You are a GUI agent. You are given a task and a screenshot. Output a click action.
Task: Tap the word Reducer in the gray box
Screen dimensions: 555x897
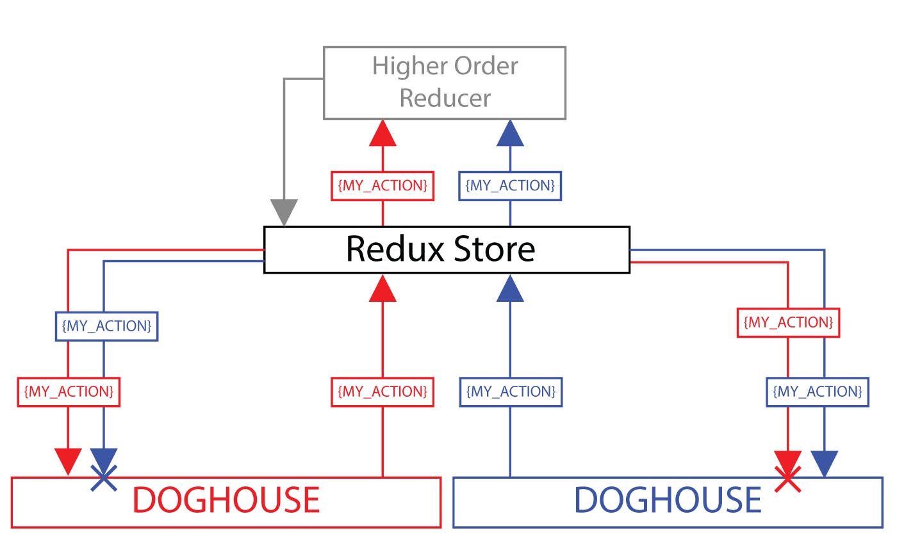[x=445, y=98]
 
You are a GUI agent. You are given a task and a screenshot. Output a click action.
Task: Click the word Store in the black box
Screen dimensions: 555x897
[x=494, y=249]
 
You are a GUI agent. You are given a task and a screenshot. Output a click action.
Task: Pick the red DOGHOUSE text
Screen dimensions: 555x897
[x=226, y=500]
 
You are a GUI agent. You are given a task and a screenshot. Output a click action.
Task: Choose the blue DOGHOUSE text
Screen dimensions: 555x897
[x=668, y=500]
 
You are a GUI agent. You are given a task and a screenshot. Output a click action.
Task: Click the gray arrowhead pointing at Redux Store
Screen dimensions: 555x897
[x=284, y=212]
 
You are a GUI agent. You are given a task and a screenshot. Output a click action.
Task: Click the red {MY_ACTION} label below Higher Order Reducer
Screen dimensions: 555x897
[x=383, y=186]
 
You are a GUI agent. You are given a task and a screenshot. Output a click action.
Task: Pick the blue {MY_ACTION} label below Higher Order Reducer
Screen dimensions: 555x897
[x=510, y=186]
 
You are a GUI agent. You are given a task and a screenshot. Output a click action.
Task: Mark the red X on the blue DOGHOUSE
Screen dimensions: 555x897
[x=787, y=479]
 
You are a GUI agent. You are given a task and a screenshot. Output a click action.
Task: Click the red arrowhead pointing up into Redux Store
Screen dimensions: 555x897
[x=383, y=288]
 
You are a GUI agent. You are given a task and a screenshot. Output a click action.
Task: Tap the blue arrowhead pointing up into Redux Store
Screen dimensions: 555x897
[x=510, y=288]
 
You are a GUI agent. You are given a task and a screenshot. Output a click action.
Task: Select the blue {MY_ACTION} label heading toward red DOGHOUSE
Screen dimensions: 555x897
[x=106, y=326]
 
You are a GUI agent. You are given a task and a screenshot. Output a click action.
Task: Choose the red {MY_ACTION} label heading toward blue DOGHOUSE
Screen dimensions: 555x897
[x=788, y=322]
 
